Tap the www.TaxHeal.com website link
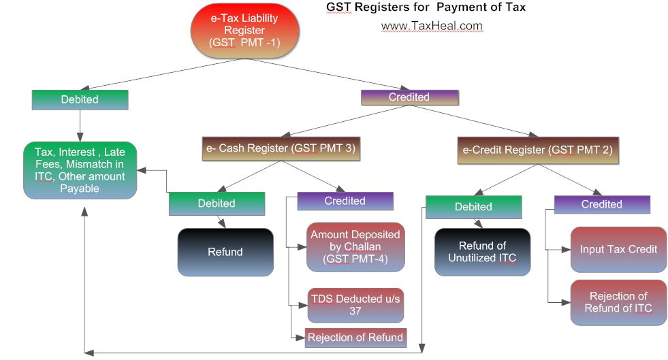coord(432,26)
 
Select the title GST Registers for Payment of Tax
coord(426,7)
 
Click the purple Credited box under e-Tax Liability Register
coord(409,97)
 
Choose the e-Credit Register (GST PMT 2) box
coord(538,150)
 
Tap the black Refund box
coord(225,252)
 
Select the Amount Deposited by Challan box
coord(355,246)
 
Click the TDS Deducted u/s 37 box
coord(355,304)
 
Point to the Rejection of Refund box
coord(355,337)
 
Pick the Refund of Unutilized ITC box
coord(482,252)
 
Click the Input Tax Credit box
coord(618,249)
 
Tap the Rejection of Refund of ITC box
coord(618,302)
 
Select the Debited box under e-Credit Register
coord(473,206)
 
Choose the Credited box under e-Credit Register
coord(602,204)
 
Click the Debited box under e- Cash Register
coord(217,203)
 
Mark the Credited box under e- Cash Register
coord(345,201)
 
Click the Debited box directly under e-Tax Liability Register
coord(80,99)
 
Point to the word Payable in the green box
coord(80,189)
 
